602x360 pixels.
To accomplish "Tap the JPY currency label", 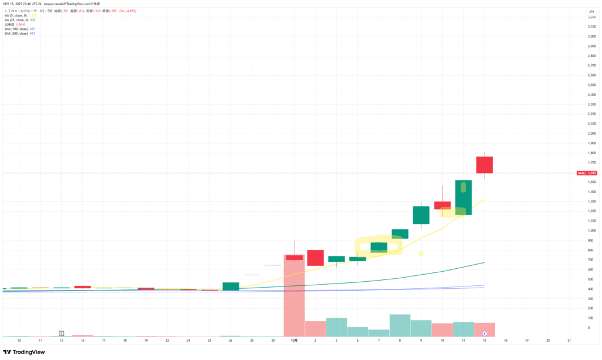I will point(591,12).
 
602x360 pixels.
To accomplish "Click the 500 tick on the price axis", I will point(591,279).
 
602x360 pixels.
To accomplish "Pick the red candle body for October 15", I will point(484,165).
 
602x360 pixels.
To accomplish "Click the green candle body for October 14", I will point(463,198).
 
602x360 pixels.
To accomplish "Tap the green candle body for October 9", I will point(421,215).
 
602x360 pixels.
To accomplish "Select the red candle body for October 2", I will point(316,258).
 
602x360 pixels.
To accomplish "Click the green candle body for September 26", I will point(231,286).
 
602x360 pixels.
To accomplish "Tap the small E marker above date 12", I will point(61,333).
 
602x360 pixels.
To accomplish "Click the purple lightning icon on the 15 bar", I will point(484,333).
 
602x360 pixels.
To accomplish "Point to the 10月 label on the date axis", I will point(295,341).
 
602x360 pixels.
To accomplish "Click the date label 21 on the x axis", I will point(569,341).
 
